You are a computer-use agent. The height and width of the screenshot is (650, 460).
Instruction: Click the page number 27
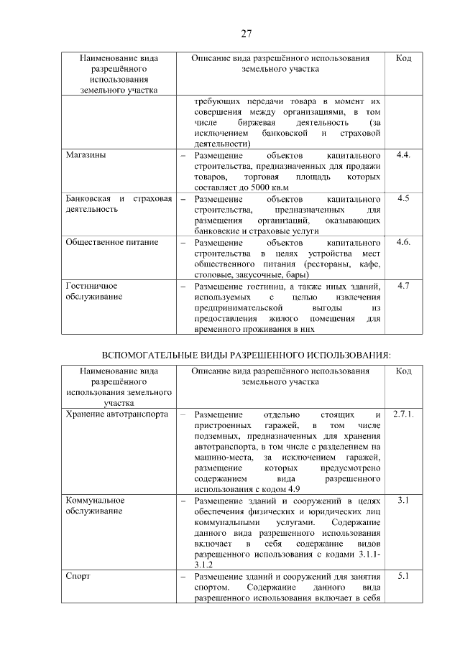coord(245,34)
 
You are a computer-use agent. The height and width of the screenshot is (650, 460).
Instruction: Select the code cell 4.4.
coord(403,156)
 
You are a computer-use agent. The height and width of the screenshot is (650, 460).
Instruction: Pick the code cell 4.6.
coord(403,242)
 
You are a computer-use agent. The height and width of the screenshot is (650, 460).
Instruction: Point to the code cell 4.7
coord(403,286)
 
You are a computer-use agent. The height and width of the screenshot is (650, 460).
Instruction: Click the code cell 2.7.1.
coord(403,414)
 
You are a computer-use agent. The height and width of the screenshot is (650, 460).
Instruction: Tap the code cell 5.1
coord(403,575)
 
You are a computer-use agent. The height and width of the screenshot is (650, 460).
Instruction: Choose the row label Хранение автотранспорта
coord(116,414)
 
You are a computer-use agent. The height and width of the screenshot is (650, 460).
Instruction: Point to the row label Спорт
coord(78,575)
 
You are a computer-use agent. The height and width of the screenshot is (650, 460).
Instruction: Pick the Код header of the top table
coord(403,58)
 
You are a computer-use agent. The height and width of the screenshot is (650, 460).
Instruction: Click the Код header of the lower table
coord(403,371)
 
